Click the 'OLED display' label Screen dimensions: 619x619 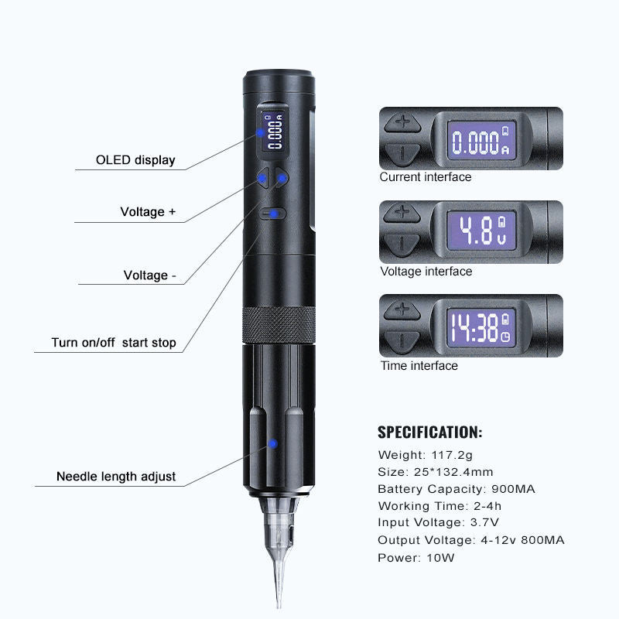(135, 160)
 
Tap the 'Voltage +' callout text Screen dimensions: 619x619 (148, 211)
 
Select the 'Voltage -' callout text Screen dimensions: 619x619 (149, 275)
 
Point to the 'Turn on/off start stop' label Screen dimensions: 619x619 (114, 342)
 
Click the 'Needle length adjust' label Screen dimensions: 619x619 (116, 476)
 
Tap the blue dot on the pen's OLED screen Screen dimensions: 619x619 (260, 132)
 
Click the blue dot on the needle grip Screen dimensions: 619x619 (272, 444)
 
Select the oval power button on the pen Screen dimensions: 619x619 (272, 214)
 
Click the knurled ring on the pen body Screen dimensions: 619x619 (279, 324)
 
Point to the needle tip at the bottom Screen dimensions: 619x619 (279, 607)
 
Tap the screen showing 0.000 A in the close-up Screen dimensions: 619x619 (481, 141)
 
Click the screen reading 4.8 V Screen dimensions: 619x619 (481, 231)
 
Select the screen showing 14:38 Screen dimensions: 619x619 (480, 327)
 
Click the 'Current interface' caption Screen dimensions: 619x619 (426, 177)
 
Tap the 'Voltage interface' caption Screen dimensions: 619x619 (426, 272)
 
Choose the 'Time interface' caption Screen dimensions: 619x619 (419, 365)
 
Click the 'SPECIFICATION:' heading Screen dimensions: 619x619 (430, 433)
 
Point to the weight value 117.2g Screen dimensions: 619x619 (452, 455)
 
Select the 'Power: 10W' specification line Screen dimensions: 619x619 (416, 558)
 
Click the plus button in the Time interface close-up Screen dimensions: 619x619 (402, 309)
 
